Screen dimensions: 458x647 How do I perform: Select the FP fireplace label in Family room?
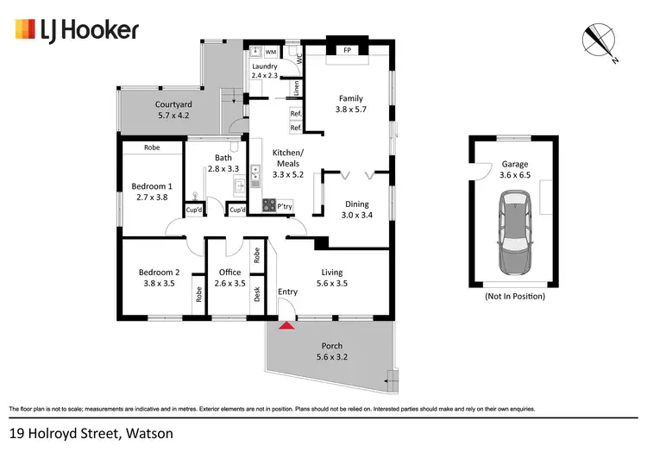(348, 51)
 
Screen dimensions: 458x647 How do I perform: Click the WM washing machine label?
(270, 52)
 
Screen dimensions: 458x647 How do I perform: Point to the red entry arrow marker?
(286, 325)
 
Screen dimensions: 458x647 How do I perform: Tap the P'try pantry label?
(285, 205)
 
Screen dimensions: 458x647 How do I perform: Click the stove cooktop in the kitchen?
(268, 205)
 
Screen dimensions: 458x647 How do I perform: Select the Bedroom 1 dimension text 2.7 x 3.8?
(152, 198)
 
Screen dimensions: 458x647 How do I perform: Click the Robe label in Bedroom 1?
(152, 147)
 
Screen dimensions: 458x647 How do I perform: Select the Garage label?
(514, 164)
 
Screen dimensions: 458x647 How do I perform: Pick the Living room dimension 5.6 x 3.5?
(331, 283)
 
